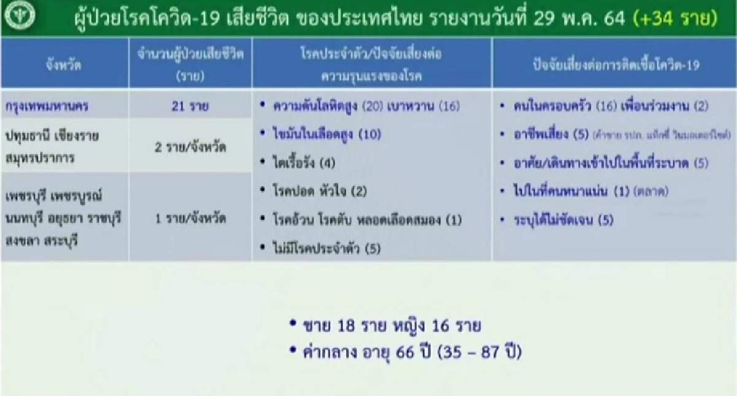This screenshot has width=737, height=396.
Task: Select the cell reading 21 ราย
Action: pyautogui.click(x=190, y=106)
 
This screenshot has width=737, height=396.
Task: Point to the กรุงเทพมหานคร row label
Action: pyautogui.click(x=55, y=106)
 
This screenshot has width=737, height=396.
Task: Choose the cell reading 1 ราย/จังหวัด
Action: pyautogui.click(x=190, y=218)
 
